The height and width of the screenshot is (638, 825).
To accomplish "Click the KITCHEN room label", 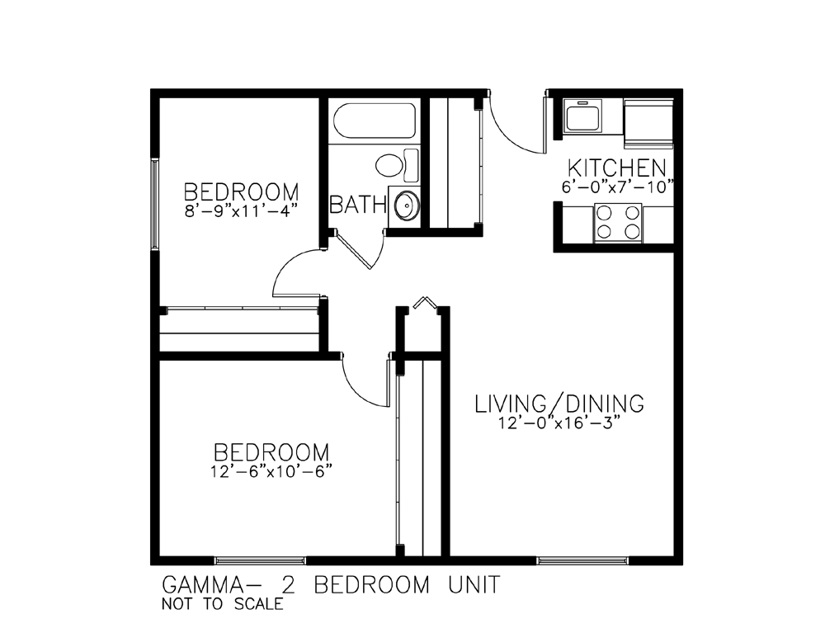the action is (x=616, y=168).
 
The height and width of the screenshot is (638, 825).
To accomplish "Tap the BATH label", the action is (x=358, y=205).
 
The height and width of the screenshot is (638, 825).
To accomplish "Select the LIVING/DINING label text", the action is (x=559, y=404).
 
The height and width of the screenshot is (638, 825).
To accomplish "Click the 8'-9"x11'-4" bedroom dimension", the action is (x=242, y=210).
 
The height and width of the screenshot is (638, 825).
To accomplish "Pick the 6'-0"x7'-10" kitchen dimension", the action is (x=618, y=187).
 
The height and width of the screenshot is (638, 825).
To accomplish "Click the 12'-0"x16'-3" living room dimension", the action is (x=559, y=423).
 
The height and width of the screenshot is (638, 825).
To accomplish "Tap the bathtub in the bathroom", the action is (x=375, y=121).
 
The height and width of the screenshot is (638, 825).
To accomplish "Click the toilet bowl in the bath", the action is (x=390, y=165).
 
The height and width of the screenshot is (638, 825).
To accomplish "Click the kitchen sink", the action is (x=584, y=116).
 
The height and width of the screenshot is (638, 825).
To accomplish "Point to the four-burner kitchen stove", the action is (x=618, y=223).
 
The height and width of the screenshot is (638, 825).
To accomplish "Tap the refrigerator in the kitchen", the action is (x=648, y=124).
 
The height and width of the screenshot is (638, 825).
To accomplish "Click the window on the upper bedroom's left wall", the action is (x=155, y=204).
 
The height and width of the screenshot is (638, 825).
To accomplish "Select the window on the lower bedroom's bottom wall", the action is (x=261, y=560).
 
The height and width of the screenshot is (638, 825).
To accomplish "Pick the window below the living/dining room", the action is (x=582, y=560).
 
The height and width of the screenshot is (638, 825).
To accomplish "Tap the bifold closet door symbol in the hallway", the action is (x=423, y=302).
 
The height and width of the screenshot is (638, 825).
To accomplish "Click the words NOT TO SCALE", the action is (x=222, y=604).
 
